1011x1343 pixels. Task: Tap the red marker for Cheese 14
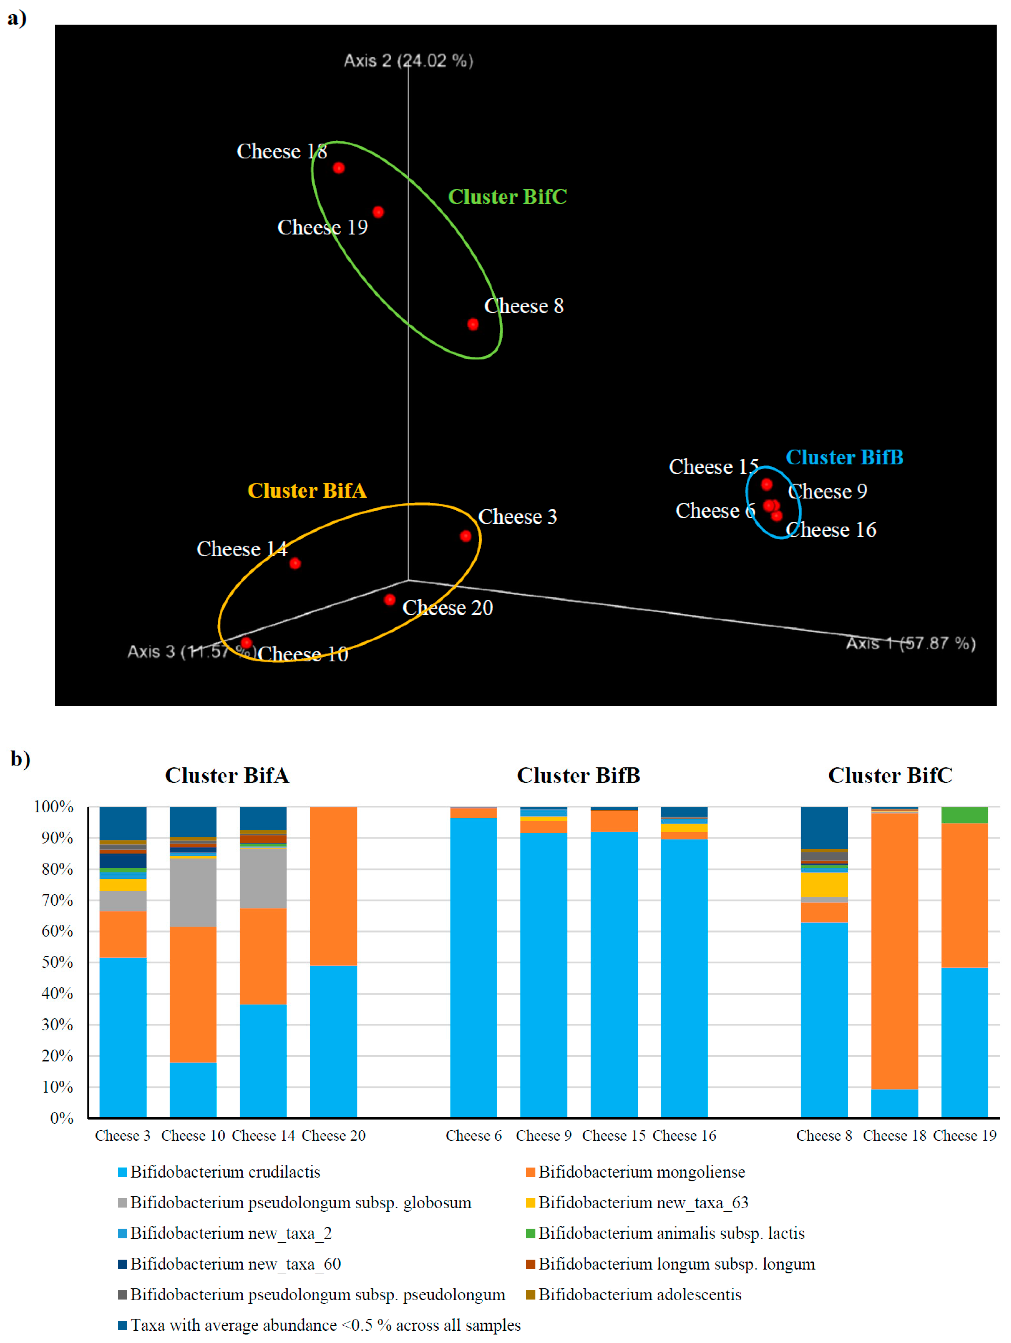pos(295,563)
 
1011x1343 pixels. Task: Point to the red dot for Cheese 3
pos(466,536)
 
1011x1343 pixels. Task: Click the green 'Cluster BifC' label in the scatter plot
pos(507,197)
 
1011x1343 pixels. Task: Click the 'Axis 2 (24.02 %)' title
pos(408,61)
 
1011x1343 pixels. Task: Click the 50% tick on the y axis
pos(58,962)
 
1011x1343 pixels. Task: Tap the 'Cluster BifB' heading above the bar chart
pos(578,775)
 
